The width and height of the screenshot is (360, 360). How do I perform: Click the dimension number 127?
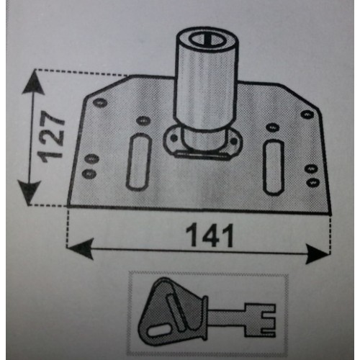point(51,136)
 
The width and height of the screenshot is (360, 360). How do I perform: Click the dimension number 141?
point(210,235)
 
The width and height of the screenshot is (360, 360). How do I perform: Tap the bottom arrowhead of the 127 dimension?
point(30,193)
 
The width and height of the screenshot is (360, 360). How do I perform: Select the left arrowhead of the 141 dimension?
point(80,248)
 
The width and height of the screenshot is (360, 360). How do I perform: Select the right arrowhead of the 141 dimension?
point(318,253)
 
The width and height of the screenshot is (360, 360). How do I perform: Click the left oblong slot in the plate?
point(139,162)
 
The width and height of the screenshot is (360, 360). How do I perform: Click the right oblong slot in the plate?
point(274,166)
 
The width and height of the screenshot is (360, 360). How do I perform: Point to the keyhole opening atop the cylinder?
point(206,40)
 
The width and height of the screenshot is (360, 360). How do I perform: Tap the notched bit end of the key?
point(260,320)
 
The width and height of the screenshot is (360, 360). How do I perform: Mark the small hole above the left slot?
point(143,120)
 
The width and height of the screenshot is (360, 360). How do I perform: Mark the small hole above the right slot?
point(272,127)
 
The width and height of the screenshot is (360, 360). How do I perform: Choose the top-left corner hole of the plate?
point(100,103)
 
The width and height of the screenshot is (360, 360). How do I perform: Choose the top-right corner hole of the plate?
point(307,114)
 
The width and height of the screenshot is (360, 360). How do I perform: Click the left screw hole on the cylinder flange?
point(174,138)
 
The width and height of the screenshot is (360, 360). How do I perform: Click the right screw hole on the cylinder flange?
point(233,141)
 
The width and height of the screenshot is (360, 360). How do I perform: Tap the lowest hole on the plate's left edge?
point(89,174)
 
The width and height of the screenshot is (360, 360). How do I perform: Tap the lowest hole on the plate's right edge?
point(313,182)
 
